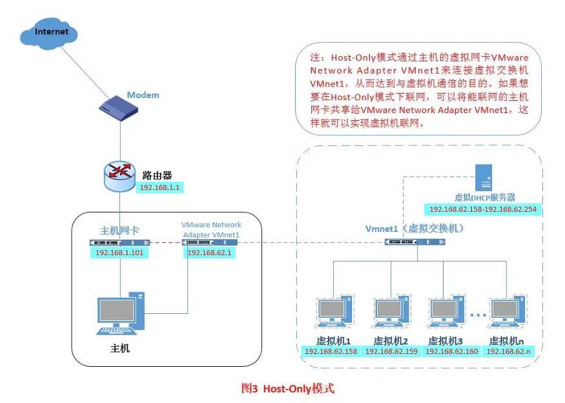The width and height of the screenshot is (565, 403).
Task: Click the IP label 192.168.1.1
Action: (x=159, y=188)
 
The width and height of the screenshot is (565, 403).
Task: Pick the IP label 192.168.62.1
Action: (x=209, y=253)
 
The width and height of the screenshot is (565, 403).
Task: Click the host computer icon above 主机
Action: (x=120, y=313)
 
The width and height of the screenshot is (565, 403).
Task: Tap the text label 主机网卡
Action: (x=119, y=230)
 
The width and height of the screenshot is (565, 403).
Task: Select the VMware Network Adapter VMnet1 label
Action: (x=211, y=229)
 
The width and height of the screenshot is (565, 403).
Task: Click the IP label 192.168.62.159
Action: (x=391, y=351)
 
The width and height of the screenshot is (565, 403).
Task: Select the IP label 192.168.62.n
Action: (x=509, y=351)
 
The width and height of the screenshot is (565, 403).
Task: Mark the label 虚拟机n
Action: (x=506, y=340)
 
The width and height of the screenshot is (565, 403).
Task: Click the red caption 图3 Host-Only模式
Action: (x=288, y=388)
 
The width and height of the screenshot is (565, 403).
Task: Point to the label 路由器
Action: (x=157, y=174)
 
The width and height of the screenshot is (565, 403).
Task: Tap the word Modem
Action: (x=143, y=95)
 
